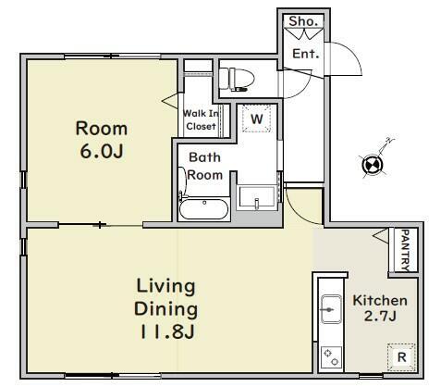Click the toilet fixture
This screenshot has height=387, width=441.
click(x=237, y=80)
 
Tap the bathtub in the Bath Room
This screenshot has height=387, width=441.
click(x=204, y=208)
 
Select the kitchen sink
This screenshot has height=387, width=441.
click(x=331, y=309)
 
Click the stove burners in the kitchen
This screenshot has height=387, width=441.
click(x=331, y=357)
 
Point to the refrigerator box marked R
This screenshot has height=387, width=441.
click(x=401, y=357)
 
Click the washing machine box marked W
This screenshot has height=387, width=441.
click(x=256, y=119)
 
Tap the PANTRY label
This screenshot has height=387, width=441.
click(x=407, y=250)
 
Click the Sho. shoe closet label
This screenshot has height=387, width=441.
click(x=303, y=21)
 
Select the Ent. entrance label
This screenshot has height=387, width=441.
click(x=305, y=54)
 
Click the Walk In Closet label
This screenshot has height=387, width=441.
click(x=201, y=119)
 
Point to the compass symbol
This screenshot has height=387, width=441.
click(x=373, y=165)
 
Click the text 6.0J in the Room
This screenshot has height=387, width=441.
click(x=102, y=151)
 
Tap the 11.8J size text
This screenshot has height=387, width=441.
click(x=167, y=331)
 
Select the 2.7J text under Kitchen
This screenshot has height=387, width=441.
click(x=380, y=316)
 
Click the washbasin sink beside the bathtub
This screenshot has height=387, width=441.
click(x=257, y=197)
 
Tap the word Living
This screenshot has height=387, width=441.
click(x=165, y=286)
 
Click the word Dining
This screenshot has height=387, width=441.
click(x=165, y=309)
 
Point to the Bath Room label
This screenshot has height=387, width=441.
click(x=204, y=166)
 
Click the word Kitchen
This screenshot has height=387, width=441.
click(x=380, y=300)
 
